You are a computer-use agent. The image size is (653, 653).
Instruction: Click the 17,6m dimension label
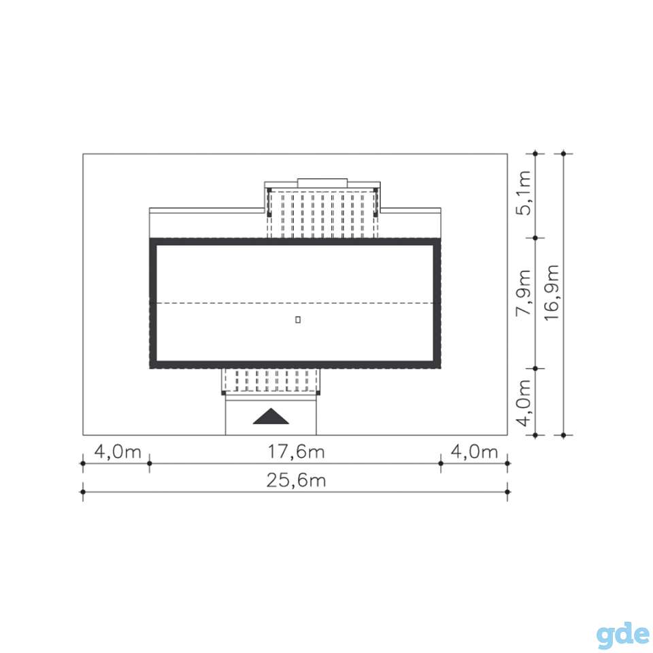tap(296, 452)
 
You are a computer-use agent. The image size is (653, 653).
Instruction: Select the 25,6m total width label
tap(296, 481)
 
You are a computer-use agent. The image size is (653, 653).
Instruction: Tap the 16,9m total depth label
tap(552, 292)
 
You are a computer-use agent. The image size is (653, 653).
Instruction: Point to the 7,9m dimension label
tap(524, 292)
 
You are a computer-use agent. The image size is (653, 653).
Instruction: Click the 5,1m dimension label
tap(524, 192)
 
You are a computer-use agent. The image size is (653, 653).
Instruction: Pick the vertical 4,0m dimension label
tap(524, 402)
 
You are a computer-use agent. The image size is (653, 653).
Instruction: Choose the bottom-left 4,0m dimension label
tap(118, 452)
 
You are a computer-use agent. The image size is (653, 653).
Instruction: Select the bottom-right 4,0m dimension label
tap(474, 452)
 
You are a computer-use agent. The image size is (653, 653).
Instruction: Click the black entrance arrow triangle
tap(271, 416)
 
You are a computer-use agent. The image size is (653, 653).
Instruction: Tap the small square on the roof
tap(298, 320)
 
